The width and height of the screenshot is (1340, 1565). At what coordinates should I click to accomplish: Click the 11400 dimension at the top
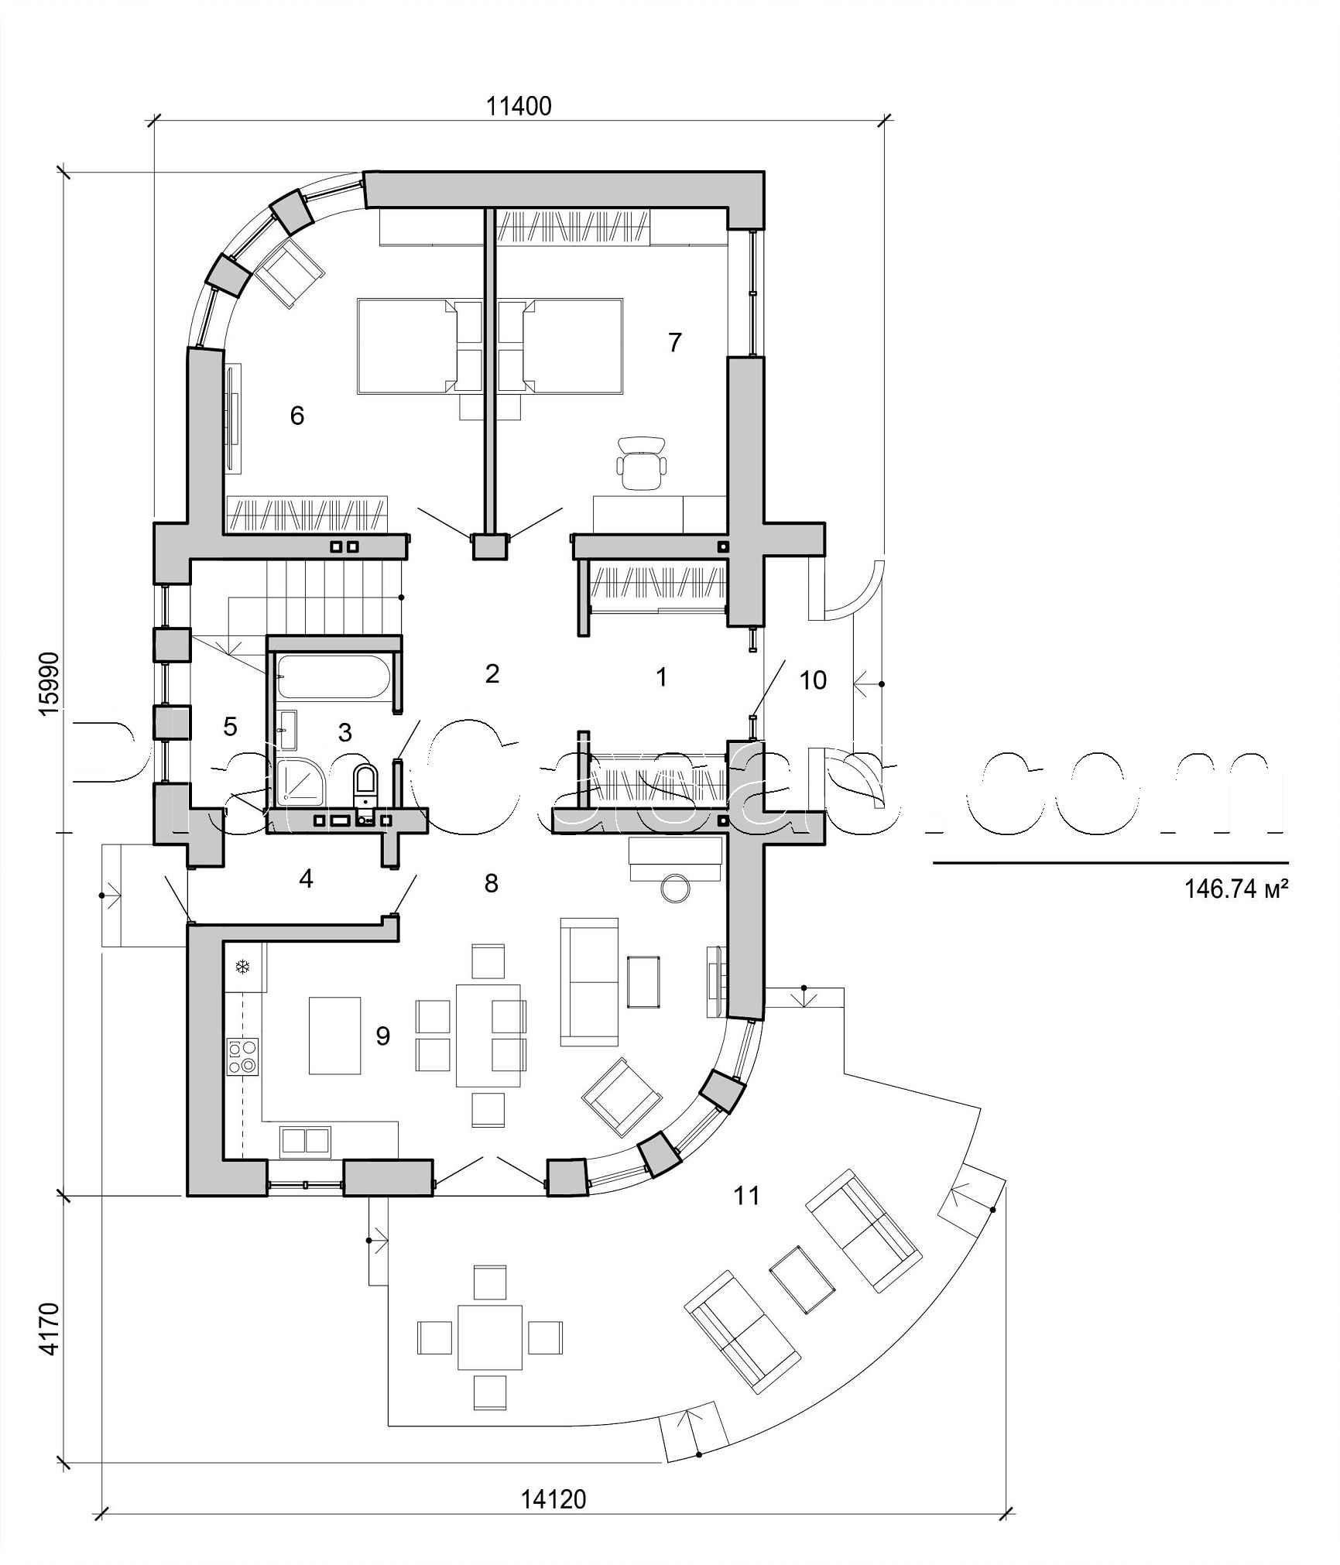(x=519, y=106)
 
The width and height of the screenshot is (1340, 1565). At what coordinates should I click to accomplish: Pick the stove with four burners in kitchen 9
(x=242, y=1057)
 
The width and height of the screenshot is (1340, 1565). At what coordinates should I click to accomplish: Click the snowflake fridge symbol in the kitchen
(x=242, y=967)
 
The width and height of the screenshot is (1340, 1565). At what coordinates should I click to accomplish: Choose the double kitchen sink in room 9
(x=305, y=1142)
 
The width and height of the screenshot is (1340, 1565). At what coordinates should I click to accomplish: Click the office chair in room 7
(x=641, y=462)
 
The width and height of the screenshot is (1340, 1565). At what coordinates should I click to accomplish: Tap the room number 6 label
(x=297, y=416)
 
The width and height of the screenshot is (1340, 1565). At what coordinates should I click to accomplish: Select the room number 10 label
(x=813, y=680)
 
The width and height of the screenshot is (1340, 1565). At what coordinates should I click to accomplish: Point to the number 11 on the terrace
(x=746, y=1196)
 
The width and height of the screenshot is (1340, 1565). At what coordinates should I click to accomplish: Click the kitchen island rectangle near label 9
(x=335, y=1035)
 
